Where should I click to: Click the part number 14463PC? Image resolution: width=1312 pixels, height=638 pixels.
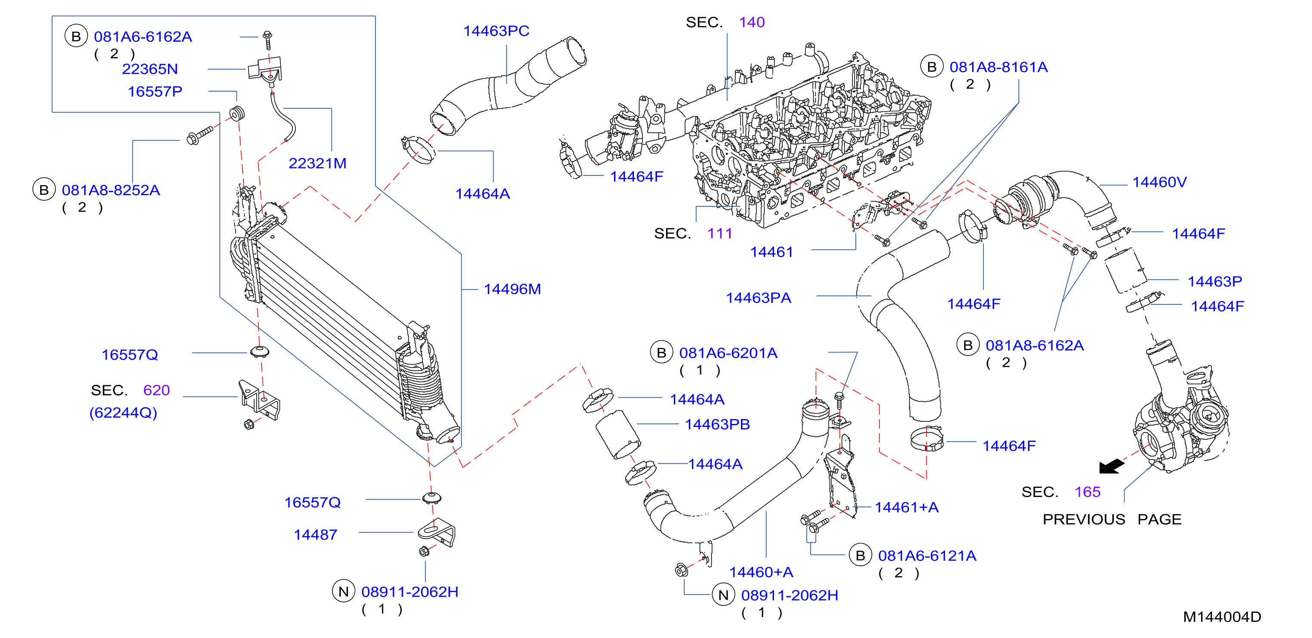coord(496,31)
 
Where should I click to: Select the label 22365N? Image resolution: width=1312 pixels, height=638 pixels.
coord(150,69)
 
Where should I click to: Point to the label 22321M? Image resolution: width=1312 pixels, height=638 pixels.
coord(317,163)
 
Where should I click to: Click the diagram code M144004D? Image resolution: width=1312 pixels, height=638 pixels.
coord(1222,617)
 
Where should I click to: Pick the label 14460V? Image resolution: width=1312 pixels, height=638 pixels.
coord(1159,182)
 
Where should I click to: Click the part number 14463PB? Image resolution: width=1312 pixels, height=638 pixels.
coord(717,425)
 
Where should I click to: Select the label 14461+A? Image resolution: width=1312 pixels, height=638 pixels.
coord(906,508)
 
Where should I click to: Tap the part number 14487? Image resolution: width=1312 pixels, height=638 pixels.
coord(315,535)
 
